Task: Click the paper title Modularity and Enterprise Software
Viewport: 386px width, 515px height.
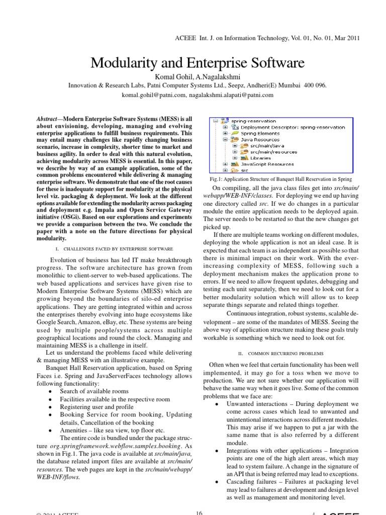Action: pyautogui.click(x=197, y=63)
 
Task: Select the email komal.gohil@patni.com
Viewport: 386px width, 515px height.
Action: pyautogui.click(x=153, y=94)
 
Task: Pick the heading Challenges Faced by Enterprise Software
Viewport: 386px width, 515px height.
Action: pyautogui.click(x=113, y=248)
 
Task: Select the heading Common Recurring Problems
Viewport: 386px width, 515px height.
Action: pyautogui.click(x=280, y=354)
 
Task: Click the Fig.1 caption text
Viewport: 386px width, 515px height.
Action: pyautogui.click(x=281, y=179)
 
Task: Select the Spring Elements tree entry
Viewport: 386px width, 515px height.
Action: pyautogui.click(x=263, y=134)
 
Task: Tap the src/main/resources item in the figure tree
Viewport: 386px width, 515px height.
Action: pyautogui.click(x=273, y=152)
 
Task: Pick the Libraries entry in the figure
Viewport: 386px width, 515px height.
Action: pyautogui.click(x=260, y=158)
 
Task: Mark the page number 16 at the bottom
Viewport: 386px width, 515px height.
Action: pyautogui.click(x=199, y=512)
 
